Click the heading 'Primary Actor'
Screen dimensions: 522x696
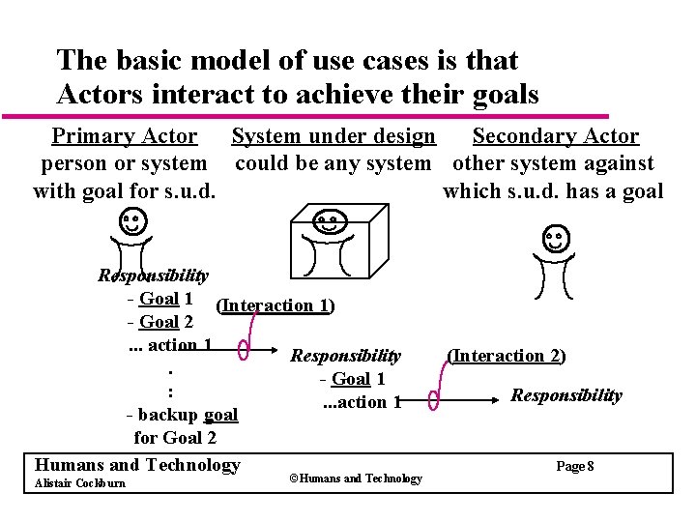pos(125,137)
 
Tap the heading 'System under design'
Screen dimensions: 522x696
pos(333,137)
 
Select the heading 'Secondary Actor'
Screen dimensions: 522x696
pos(555,137)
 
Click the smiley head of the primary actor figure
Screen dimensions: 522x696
pos(133,221)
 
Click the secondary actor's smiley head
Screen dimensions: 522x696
pos(555,238)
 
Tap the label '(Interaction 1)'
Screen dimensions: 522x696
pos(275,305)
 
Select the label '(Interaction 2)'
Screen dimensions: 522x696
pos(507,356)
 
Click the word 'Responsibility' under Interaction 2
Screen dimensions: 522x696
pos(566,395)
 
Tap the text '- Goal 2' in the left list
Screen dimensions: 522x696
pos(159,322)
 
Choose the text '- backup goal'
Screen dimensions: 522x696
pos(182,415)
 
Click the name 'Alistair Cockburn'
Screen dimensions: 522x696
pos(79,483)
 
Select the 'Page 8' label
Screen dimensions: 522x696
pos(575,467)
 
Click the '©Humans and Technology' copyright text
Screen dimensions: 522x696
pos(356,478)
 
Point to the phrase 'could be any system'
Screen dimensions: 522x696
pos(333,163)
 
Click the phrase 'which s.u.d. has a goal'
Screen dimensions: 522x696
pos(553,190)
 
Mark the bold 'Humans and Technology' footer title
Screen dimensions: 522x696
pos(136,465)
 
